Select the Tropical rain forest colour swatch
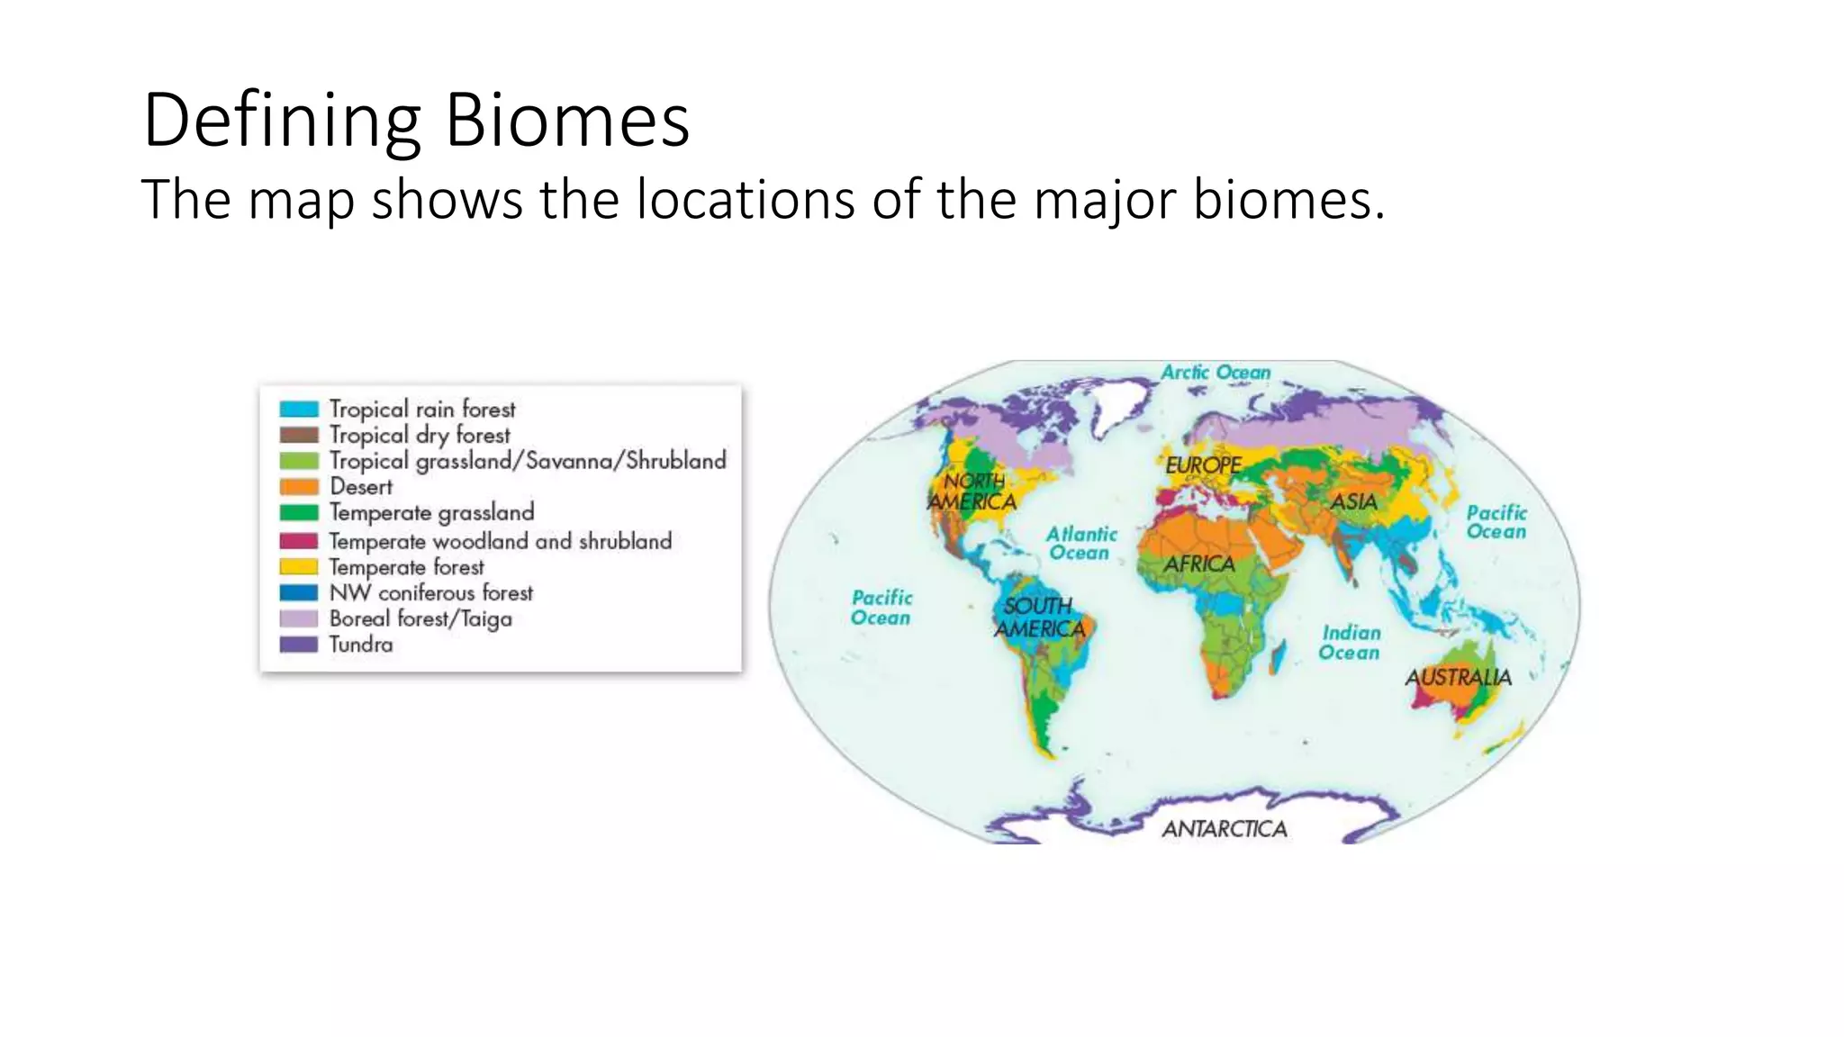(299, 409)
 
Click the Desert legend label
(361, 487)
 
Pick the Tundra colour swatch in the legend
(299, 645)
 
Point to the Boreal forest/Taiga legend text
(420, 619)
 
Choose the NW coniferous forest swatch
(299, 592)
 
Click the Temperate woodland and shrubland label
(500, 541)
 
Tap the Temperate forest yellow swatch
(299, 567)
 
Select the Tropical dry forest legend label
(420, 435)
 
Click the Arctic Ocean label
(1216, 373)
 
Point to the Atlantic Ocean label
(1080, 544)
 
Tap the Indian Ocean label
(1350, 643)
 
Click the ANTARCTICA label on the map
(1225, 829)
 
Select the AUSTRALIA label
(1458, 677)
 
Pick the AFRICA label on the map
(1199, 564)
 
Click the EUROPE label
(1203, 465)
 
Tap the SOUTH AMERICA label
(1039, 618)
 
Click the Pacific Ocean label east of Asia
(1496, 522)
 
